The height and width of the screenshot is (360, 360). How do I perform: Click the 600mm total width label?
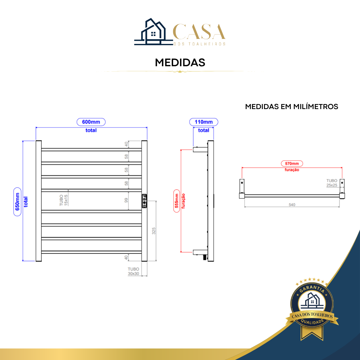point(91,122)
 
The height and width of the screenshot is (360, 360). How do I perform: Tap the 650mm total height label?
point(17,202)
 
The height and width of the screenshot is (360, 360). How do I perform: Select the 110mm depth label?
point(204,122)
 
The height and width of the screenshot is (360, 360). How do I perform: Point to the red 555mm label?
point(176,201)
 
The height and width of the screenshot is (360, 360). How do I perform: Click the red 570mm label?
point(292,163)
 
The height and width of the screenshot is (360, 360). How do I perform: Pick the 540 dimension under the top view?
point(292,204)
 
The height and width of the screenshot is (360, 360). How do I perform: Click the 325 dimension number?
point(154,231)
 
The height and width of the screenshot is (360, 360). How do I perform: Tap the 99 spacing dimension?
point(126,200)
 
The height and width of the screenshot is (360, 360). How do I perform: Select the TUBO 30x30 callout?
point(134,271)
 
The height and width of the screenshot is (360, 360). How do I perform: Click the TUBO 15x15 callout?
point(64,200)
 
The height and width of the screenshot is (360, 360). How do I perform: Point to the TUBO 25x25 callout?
point(332,183)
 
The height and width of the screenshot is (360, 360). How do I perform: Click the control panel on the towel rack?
point(144,201)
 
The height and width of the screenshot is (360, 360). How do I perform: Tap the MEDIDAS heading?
point(180,62)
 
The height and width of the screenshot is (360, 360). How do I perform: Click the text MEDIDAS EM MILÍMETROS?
point(292,107)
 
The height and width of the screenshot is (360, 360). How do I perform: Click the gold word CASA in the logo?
point(199,31)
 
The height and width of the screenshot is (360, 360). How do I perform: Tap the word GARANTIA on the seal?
point(312,289)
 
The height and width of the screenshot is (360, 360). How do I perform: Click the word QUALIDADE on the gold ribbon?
point(312,321)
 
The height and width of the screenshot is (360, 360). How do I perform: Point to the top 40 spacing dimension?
point(126,144)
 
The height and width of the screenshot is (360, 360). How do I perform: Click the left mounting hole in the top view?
point(242,183)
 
